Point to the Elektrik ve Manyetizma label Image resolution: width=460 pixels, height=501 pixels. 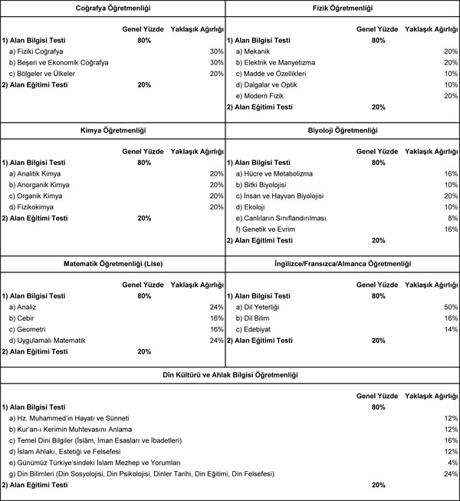point(274,62)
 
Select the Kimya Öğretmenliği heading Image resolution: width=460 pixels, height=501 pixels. point(113,131)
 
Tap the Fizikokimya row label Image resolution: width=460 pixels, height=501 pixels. point(34,207)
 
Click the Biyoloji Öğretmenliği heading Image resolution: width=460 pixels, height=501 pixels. point(343,131)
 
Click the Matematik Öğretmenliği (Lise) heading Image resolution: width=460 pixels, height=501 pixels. point(113,264)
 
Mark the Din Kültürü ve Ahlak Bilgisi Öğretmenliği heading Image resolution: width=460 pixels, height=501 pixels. point(230,374)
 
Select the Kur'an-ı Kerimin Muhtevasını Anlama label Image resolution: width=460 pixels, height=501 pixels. point(71,429)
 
